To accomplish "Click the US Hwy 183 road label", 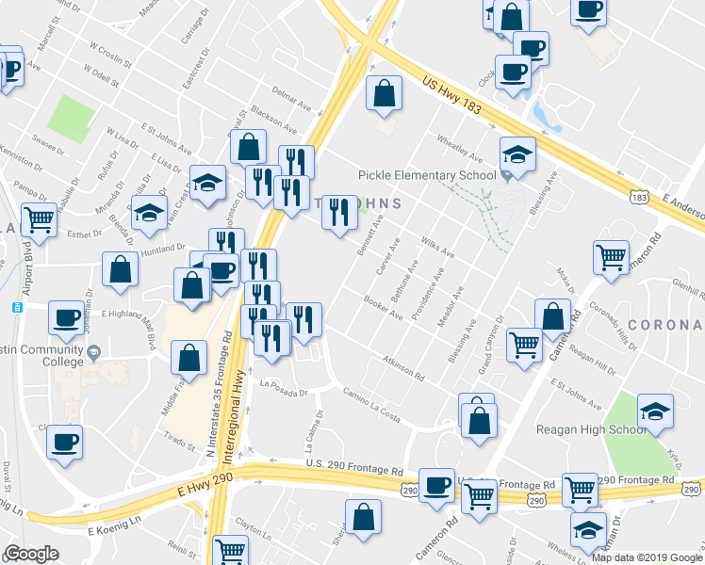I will point(452,96).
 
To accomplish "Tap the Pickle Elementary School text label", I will point(427,175).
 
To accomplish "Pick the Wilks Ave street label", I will point(438,248).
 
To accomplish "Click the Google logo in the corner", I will point(31,554).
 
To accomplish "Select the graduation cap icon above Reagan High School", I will point(655,411).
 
